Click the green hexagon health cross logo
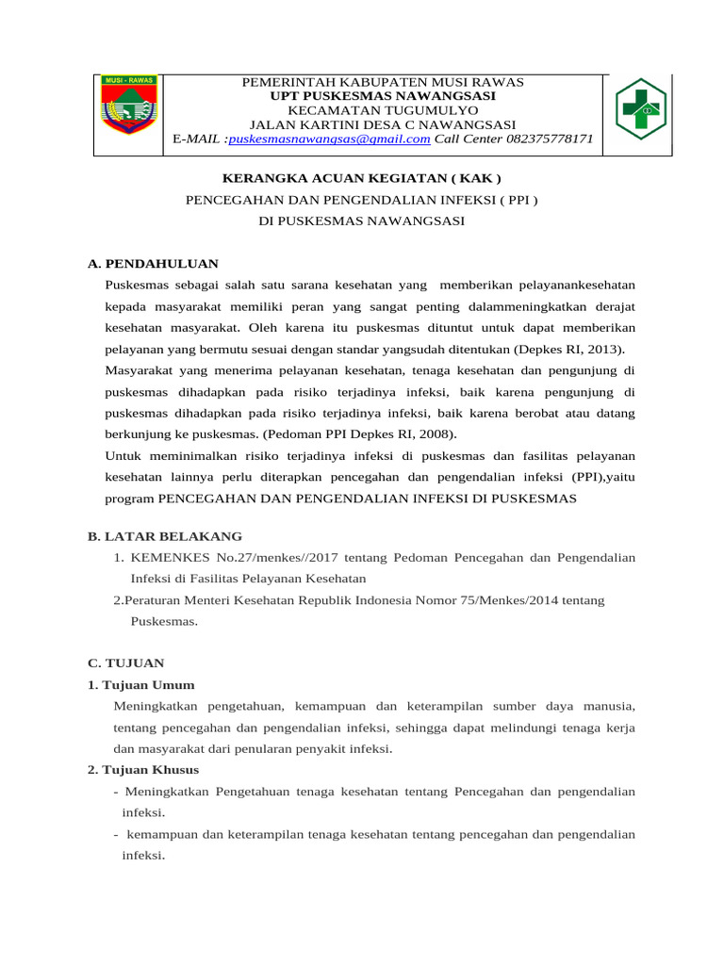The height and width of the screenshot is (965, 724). click(x=640, y=109)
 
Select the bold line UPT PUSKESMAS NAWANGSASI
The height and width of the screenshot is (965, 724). click(x=382, y=96)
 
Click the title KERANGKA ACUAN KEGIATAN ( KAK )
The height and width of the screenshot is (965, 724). click(x=361, y=177)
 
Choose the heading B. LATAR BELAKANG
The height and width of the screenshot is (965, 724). click(x=165, y=535)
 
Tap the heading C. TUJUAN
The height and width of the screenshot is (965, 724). click(x=125, y=662)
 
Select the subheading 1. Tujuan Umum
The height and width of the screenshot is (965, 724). click(x=141, y=684)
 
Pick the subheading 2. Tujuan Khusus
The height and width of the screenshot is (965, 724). click(x=143, y=770)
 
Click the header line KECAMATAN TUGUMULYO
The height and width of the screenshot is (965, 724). click(x=382, y=110)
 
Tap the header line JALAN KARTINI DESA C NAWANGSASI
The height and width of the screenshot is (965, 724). click(x=382, y=124)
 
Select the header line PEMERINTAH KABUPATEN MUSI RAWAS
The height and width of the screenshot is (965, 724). click(x=382, y=83)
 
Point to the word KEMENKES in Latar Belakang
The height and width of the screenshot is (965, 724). click(x=163, y=558)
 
